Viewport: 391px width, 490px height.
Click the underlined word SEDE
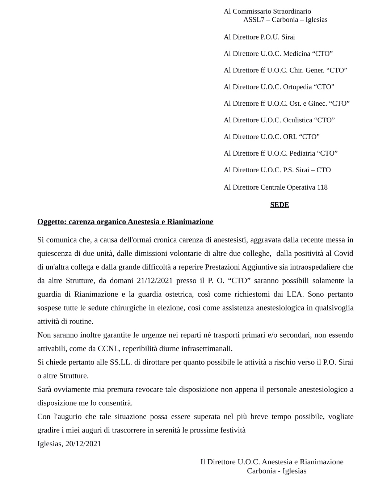[x=279, y=205]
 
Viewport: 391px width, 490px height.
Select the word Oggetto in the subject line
[x=51, y=222]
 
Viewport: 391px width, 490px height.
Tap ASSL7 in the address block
[x=254, y=20]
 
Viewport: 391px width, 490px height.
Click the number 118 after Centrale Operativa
[x=322, y=187]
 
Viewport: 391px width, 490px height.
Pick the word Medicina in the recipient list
[x=297, y=54]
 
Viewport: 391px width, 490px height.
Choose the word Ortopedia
[x=297, y=87]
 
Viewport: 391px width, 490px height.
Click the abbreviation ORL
[x=290, y=137]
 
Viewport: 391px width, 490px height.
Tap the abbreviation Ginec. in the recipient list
[x=318, y=104]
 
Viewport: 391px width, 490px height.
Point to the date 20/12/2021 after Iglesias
[x=83, y=444]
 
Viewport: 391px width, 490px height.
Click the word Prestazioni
[x=223, y=267]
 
